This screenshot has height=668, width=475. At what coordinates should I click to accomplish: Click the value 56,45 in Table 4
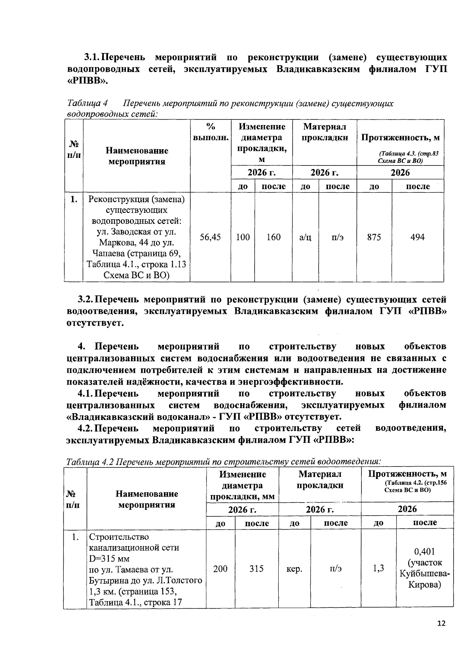tap(210, 237)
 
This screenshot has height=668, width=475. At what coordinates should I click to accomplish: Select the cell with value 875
tap(374, 237)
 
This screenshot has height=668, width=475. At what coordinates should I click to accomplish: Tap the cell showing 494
tap(417, 237)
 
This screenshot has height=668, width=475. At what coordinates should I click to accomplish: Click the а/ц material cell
tap(305, 237)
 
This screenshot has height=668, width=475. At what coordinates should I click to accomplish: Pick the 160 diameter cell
tap(273, 237)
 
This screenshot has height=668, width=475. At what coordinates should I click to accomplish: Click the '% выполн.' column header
tap(210, 132)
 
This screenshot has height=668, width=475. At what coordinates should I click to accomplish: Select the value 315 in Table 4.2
tap(256, 569)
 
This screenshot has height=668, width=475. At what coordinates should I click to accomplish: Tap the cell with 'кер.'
tap(294, 569)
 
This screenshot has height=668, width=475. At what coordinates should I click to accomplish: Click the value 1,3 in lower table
tap(378, 569)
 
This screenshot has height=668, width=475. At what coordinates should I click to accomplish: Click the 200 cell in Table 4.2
tap(220, 569)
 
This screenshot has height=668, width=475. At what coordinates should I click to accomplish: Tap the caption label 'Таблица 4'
tap(88, 104)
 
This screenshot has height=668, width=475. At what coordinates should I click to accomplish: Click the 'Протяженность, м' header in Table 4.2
tap(407, 474)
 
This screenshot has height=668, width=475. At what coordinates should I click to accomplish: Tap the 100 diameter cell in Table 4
tap(243, 237)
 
